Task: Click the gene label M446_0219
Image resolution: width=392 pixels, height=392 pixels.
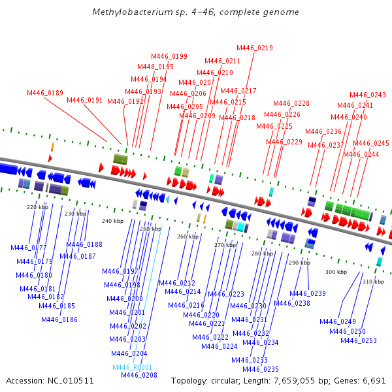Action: click(255, 48)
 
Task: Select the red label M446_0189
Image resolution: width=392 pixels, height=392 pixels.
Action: click(45, 93)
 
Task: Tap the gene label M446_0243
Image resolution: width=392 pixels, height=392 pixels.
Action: click(368, 95)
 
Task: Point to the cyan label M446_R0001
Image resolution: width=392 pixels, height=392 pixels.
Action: click(132, 367)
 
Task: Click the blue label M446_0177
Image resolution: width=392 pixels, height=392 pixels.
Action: click(29, 248)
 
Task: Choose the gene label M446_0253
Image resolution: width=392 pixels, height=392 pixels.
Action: click(359, 340)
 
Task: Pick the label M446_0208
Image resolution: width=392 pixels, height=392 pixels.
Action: click(139, 375)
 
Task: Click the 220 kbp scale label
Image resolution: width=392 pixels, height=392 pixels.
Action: click(37, 207)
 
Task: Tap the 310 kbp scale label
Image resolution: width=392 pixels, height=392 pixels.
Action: click(374, 282)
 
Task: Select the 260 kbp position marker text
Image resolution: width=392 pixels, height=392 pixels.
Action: click(188, 237)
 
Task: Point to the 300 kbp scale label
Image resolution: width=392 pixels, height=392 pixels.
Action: click(336, 272)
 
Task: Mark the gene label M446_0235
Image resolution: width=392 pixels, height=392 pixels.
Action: click(261, 369)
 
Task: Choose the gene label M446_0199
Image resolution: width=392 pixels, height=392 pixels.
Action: click(169, 56)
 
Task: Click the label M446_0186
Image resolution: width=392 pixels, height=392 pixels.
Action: click(59, 319)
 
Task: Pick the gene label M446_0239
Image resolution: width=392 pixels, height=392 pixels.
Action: click(308, 293)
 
